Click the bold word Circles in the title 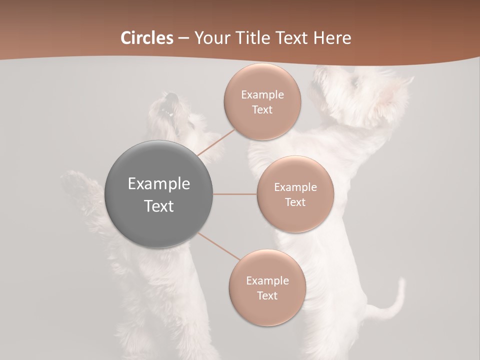[147, 37]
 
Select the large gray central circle [159, 194]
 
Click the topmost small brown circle [262, 102]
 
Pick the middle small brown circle [295, 194]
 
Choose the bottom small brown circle [267, 287]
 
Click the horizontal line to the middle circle [235, 194]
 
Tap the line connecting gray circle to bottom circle [219, 246]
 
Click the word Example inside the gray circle [159, 183]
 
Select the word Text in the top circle [262, 109]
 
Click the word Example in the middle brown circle [295, 187]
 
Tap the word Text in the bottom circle [267, 295]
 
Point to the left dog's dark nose [171, 97]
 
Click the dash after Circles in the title [183, 38]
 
